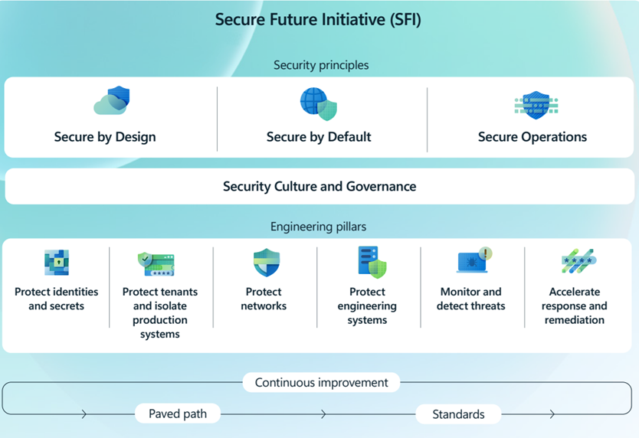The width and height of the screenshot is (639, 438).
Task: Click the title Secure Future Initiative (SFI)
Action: [318, 20]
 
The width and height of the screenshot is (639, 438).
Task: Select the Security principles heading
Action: [320, 65]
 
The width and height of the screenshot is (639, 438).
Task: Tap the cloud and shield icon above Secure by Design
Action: [112, 102]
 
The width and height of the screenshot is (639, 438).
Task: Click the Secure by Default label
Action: [319, 137]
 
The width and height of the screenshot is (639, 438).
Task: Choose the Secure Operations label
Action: [532, 137]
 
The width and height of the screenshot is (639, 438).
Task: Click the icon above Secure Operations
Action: [535, 106]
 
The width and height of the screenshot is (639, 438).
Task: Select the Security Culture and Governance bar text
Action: [319, 186]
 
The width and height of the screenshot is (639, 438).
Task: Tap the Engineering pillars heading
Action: [319, 227]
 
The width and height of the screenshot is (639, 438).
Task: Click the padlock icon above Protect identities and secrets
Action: [57, 263]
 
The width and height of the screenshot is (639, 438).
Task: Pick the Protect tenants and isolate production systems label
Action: [159, 312]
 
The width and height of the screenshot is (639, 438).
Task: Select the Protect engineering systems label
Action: [367, 306]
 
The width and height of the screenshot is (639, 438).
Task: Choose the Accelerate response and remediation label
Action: [574, 306]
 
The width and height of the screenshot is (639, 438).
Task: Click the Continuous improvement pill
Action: [321, 382]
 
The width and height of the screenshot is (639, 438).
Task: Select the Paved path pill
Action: [177, 413]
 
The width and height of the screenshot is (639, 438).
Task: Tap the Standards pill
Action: [458, 414]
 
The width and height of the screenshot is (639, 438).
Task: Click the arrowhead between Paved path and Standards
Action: [324, 414]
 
